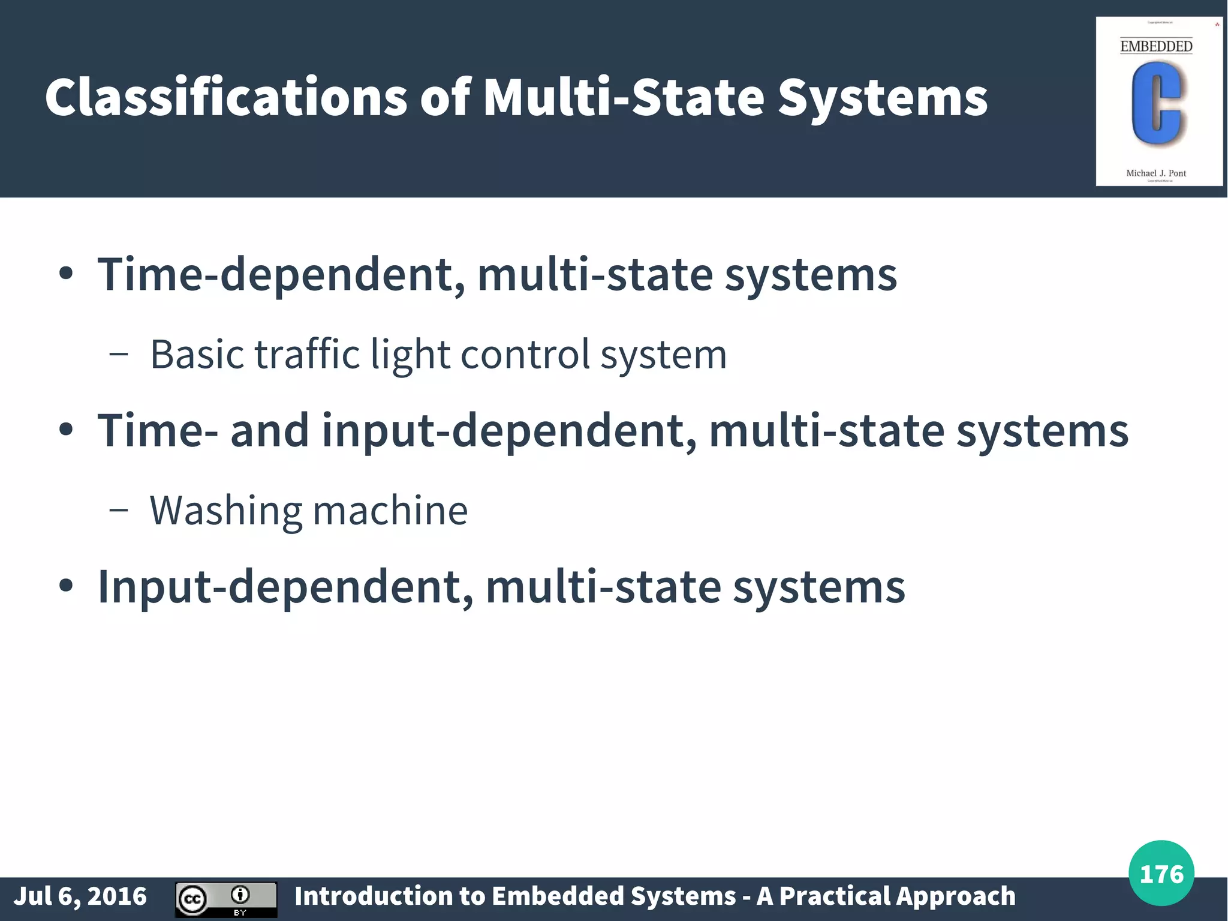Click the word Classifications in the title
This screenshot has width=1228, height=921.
[x=225, y=97]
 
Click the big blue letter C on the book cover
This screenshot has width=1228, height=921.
[x=1156, y=103]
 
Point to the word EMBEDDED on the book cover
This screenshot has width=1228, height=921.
[x=1156, y=46]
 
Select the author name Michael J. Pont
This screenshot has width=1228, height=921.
[x=1156, y=173]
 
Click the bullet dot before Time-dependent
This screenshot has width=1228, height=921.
[x=66, y=275]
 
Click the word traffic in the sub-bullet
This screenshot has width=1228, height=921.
[x=306, y=354]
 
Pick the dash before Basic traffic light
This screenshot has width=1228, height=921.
[x=119, y=355]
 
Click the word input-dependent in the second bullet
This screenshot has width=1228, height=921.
[x=509, y=431]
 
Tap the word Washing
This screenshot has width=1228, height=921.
[x=225, y=511]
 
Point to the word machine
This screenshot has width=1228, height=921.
[x=390, y=511]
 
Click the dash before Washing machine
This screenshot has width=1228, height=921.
[x=119, y=511]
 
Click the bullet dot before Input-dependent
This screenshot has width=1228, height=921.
[x=66, y=586]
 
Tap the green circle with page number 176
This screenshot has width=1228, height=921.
[x=1161, y=873]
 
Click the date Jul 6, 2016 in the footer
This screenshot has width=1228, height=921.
[x=80, y=896]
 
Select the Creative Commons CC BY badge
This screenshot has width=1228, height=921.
[x=226, y=899]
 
